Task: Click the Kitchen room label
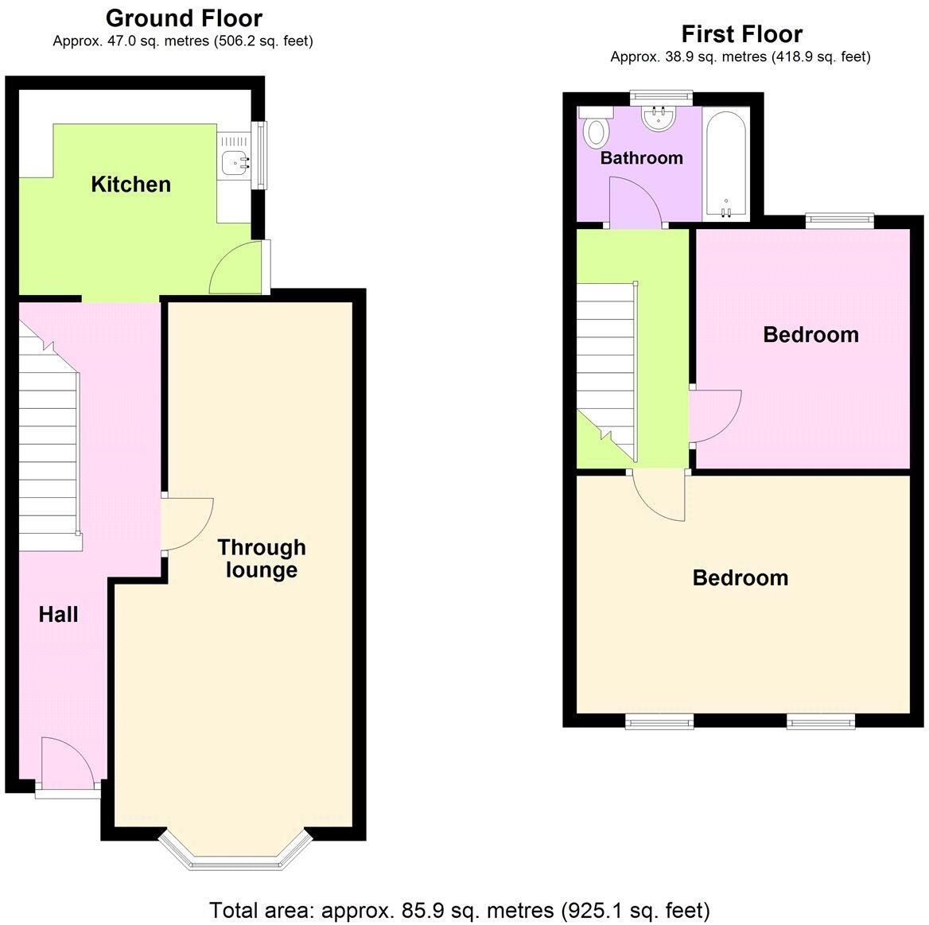[x=130, y=185]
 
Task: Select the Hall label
[x=59, y=614]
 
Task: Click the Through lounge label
[x=262, y=558]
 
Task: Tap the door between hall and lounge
[x=185, y=525]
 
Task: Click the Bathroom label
[x=641, y=157]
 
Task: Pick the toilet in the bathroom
[x=594, y=131]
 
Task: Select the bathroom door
[x=634, y=203]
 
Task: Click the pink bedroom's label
[x=810, y=334]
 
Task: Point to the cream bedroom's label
[x=740, y=577]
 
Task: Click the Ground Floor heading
[x=184, y=17]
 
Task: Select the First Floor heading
[x=741, y=33]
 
